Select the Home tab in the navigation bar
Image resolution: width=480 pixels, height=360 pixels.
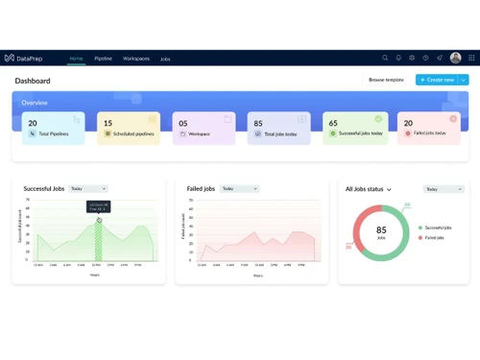(76, 59)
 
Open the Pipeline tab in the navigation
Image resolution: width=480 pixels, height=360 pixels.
(103, 59)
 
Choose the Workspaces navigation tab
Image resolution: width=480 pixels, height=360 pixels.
(136, 59)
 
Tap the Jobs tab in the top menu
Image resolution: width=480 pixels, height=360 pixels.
(165, 59)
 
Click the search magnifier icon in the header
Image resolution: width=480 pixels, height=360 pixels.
(385, 59)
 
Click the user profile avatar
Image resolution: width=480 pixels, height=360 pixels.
(456, 59)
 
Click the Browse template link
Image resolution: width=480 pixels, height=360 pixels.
(386, 80)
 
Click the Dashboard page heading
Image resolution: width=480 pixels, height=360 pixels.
(33, 81)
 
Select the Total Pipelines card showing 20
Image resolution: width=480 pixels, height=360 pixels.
(53, 129)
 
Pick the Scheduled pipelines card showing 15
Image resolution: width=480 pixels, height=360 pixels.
(129, 129)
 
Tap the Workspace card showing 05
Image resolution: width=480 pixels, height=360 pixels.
(204, 129)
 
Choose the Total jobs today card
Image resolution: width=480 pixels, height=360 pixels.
(278, 129)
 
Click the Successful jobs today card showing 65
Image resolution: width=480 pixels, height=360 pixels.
(355, 129)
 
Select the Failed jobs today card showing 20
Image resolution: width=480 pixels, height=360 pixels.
(429, 129)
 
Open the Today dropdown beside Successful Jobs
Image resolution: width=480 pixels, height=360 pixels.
(88, 189)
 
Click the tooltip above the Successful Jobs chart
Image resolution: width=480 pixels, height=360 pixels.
(99, 206)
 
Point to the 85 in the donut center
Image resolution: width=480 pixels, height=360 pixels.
(381, 230)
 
